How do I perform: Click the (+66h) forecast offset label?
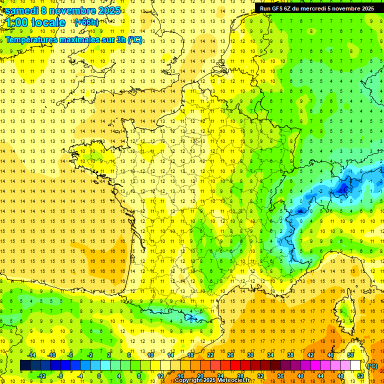tap(86, 22)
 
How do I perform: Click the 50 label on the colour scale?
tap(350, 355)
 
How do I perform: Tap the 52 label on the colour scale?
tap(360, 375)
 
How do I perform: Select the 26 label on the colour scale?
tap(230, 355)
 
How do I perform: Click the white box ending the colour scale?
tap(355, 365)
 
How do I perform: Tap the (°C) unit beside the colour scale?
tap(372, 365)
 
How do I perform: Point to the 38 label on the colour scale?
tap(290, 355)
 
